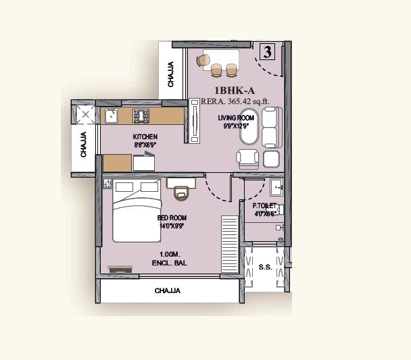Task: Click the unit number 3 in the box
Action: pyautogui.click(x=268, y=51)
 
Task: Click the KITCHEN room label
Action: pyautogui.click(x=145, y=136)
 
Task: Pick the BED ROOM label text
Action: pyautogui.click(x=172, y=218)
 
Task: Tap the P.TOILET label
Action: pyautogui.click(x=264, y=205)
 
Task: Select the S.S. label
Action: pyautogui.click(x=265, y=267)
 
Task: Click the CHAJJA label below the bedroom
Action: pyautogui.click(x=167, y=291)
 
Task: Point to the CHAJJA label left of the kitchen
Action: pyautogui.click(x=83, y=144)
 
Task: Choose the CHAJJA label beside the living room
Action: pyautogui.click(x=171, y=74)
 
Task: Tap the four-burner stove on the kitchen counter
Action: pyautogui.click(x=142, y=115)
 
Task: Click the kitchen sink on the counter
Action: pyautogui.click(x=110, y=116)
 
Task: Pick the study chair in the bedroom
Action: pyautogui.click(x=181, y=192)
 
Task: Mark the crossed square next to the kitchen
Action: pyautogui.click(x=85, y=115)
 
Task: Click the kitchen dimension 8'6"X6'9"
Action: pyautogui.click(x=145, y=145)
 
